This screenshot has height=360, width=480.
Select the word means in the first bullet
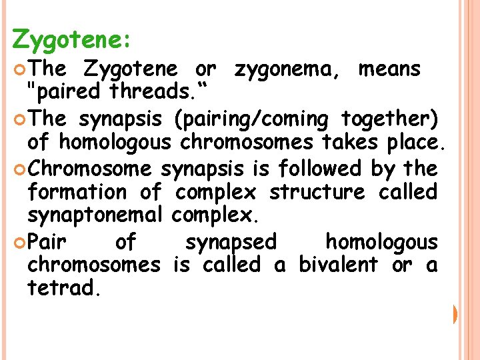point(389,69)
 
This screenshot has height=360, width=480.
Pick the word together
point(390,119)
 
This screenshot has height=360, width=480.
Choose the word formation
point(77,193)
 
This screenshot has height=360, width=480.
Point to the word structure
point(317,193)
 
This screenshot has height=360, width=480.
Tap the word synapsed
point(231,241)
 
